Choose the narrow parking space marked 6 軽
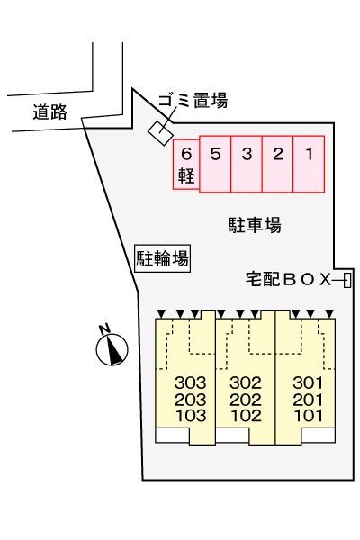(x=186, y=164)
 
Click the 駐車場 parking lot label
(x=255, y=225)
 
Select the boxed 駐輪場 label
(x=162, y=259)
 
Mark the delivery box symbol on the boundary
(x=347, y=281)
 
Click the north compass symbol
(x=112, y=347)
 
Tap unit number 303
(x=192, y=382)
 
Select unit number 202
(x=245, y=400)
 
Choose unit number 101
(x=308, y=416)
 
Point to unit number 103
(x=192, y=416)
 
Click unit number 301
(x=308, y=382)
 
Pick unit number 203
(x=192, y=400)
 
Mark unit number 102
(x=245, y=416)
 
